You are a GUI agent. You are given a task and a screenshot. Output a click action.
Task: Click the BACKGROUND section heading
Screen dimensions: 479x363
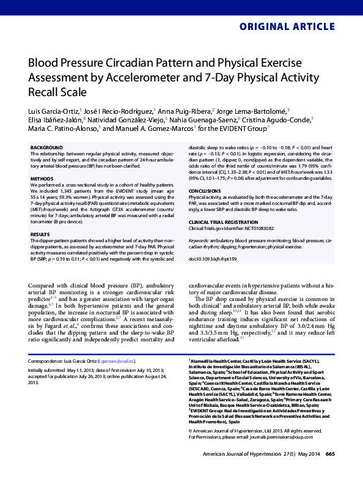(x=46, y=148)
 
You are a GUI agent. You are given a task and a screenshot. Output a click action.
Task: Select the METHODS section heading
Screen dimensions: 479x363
(x=42, y=178)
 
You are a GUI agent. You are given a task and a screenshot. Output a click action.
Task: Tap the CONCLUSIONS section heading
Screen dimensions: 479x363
(x=207, y=190)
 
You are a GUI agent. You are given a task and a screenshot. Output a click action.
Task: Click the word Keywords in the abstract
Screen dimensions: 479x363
(x=200, y=240)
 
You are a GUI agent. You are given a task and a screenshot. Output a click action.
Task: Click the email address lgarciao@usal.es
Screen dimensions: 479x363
(x=117, y=362)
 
